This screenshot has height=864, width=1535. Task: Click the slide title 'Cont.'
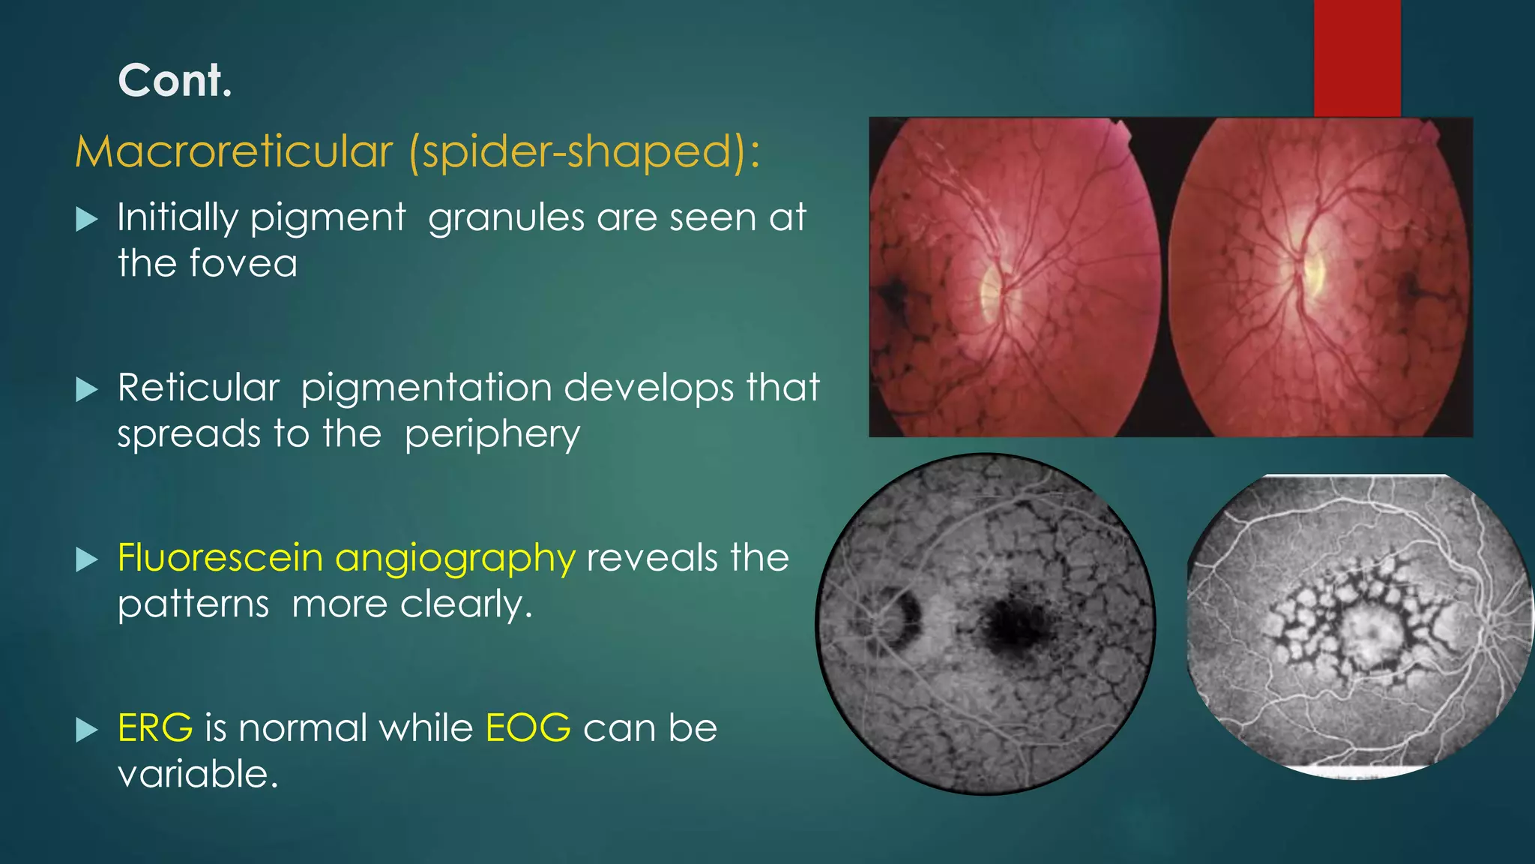[175, 80]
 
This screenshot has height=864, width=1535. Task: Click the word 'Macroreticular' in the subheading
[234, 151]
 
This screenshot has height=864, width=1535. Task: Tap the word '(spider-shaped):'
[585, 151]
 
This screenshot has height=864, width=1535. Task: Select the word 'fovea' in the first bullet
[244, 263]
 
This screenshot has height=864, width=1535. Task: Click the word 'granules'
[506, 218]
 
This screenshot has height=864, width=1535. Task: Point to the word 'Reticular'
[199, 388]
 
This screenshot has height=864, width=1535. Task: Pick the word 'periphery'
[492, 435]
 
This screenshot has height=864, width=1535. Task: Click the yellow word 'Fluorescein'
[220, 558]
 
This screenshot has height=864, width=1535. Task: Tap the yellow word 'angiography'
[455, 559]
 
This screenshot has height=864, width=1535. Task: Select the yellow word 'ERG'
[155, 727]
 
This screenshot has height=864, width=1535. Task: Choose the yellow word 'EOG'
[528, 727]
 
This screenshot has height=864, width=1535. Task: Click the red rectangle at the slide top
[1357, 58]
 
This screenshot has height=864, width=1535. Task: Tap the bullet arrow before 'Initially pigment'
[87, 220]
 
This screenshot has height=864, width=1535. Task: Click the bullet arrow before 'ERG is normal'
[87, 729]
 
